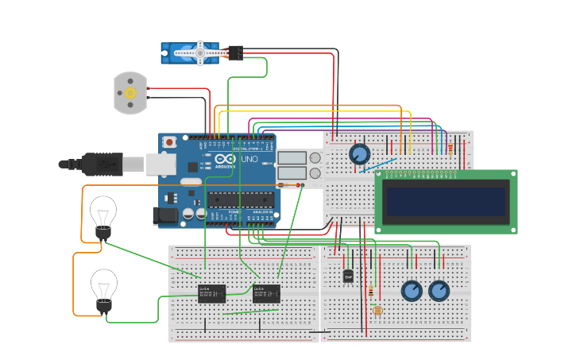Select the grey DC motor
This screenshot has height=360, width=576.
coord(130,92)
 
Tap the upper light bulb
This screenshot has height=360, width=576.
coord(103,215)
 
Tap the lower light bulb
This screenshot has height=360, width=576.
coord(103,288)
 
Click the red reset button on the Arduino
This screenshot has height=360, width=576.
coord(168,142)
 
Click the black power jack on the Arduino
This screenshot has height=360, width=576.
coord(165,215)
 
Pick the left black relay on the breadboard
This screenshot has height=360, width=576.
coord(211,293)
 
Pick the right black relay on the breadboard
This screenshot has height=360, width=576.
coord(266,293)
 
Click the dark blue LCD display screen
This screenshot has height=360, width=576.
coord(446,201)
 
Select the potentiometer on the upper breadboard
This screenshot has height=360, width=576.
coord(359,153)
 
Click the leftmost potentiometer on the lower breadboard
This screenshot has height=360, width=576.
coord(412,291)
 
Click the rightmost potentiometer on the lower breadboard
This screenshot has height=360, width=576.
coord(439,291)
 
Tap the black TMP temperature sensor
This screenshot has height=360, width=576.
coord(348,276)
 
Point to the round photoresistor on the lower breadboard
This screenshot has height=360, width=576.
coord(377,310)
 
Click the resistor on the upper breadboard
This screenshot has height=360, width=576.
coord(450,148)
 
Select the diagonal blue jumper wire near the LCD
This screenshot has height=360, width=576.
coord(377,165)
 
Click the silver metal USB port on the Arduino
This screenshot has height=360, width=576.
coord(161,164)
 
